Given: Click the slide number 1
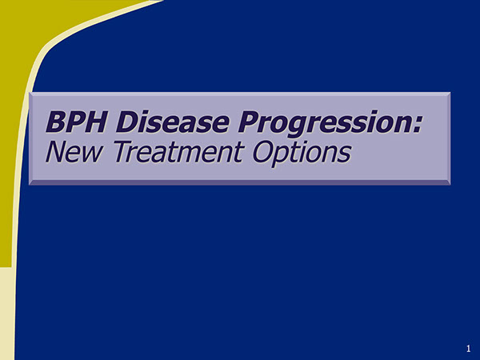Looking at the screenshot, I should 467,348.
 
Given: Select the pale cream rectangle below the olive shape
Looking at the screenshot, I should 7,312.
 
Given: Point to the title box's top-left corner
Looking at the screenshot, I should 30,93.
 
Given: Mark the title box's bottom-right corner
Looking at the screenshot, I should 450,184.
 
